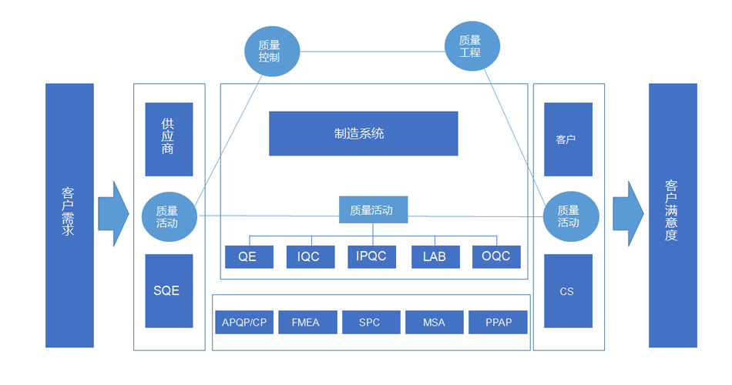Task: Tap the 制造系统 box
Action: click(363, 133)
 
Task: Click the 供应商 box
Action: click(169, 139)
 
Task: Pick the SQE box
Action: click(169, 290)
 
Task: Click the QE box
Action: click(248, 256)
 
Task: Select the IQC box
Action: click(310, 256)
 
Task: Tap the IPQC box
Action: click(371, 256)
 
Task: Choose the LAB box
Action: click(435, 256)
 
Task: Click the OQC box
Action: click(496, 256)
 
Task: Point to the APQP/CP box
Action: click(244, 322)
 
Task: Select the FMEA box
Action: click(307, 322)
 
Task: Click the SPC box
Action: click(371, 322)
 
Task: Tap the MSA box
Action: click(434, 322)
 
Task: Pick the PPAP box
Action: click(498, 322)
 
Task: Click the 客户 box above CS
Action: click(568, 139)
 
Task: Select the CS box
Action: click(568, 291)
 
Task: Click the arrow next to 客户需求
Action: click(112, 214)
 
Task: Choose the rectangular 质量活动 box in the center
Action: click(373, 209)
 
